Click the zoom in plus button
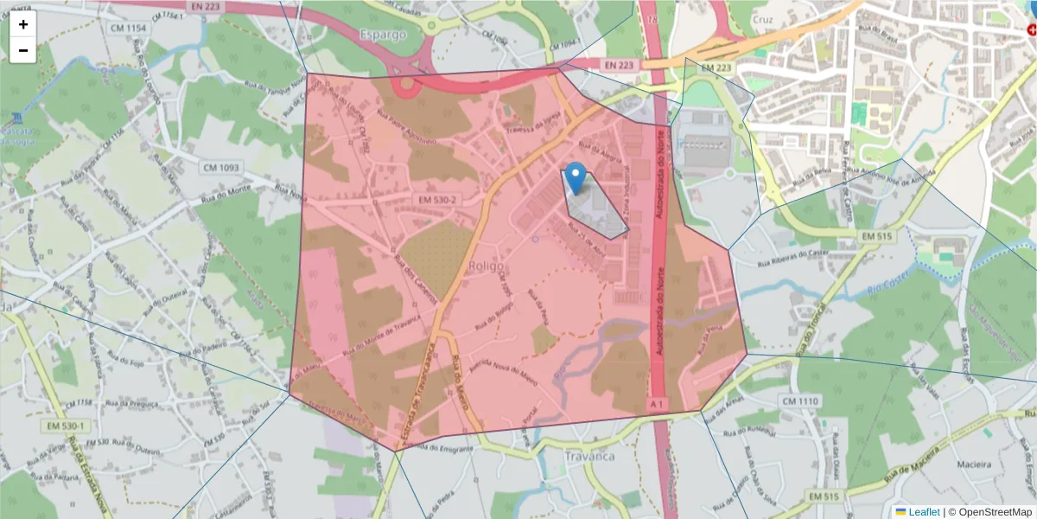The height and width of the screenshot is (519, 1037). tap(23, 24)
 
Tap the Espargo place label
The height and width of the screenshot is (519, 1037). tap(381, 35)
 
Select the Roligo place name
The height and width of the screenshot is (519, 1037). tap(485, 267)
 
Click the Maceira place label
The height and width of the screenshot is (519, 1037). tap(975, 465)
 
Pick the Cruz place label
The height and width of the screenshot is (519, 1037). tap(762, 20)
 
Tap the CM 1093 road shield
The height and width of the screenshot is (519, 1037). tap(221, 166)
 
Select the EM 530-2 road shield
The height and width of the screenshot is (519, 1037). tap(437, 200)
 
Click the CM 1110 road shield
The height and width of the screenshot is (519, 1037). tap(799, 401)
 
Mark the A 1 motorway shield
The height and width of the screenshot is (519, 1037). tap(658, 404)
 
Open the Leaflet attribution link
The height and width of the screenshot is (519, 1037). tap(923, 512)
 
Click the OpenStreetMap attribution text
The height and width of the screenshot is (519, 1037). tap(994, 512)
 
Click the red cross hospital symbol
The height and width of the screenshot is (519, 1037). tap(1031, 29)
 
